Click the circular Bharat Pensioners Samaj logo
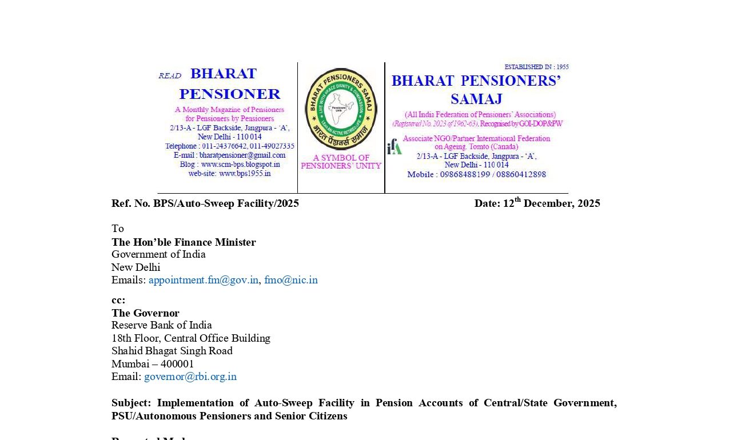tap(341, 109)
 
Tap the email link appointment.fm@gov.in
tap(204, 280)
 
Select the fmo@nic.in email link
tap(290, 280)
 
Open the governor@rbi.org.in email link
tap(190, 377)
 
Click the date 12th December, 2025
tap(537, 203)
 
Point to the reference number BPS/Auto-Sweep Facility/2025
tap(226, 203)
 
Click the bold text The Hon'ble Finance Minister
tap(184, 242)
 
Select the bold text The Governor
tap(145, 313)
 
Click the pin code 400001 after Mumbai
tap(177, 364)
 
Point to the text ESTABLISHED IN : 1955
tap(536, 67)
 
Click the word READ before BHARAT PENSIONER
tap(169, 76)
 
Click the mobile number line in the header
tap(476, 174)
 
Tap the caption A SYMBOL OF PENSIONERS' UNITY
tap(341, 162)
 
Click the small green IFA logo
tap(394, 147)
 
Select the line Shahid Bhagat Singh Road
tap(172, 351)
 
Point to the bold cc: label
tap(118, 300)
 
